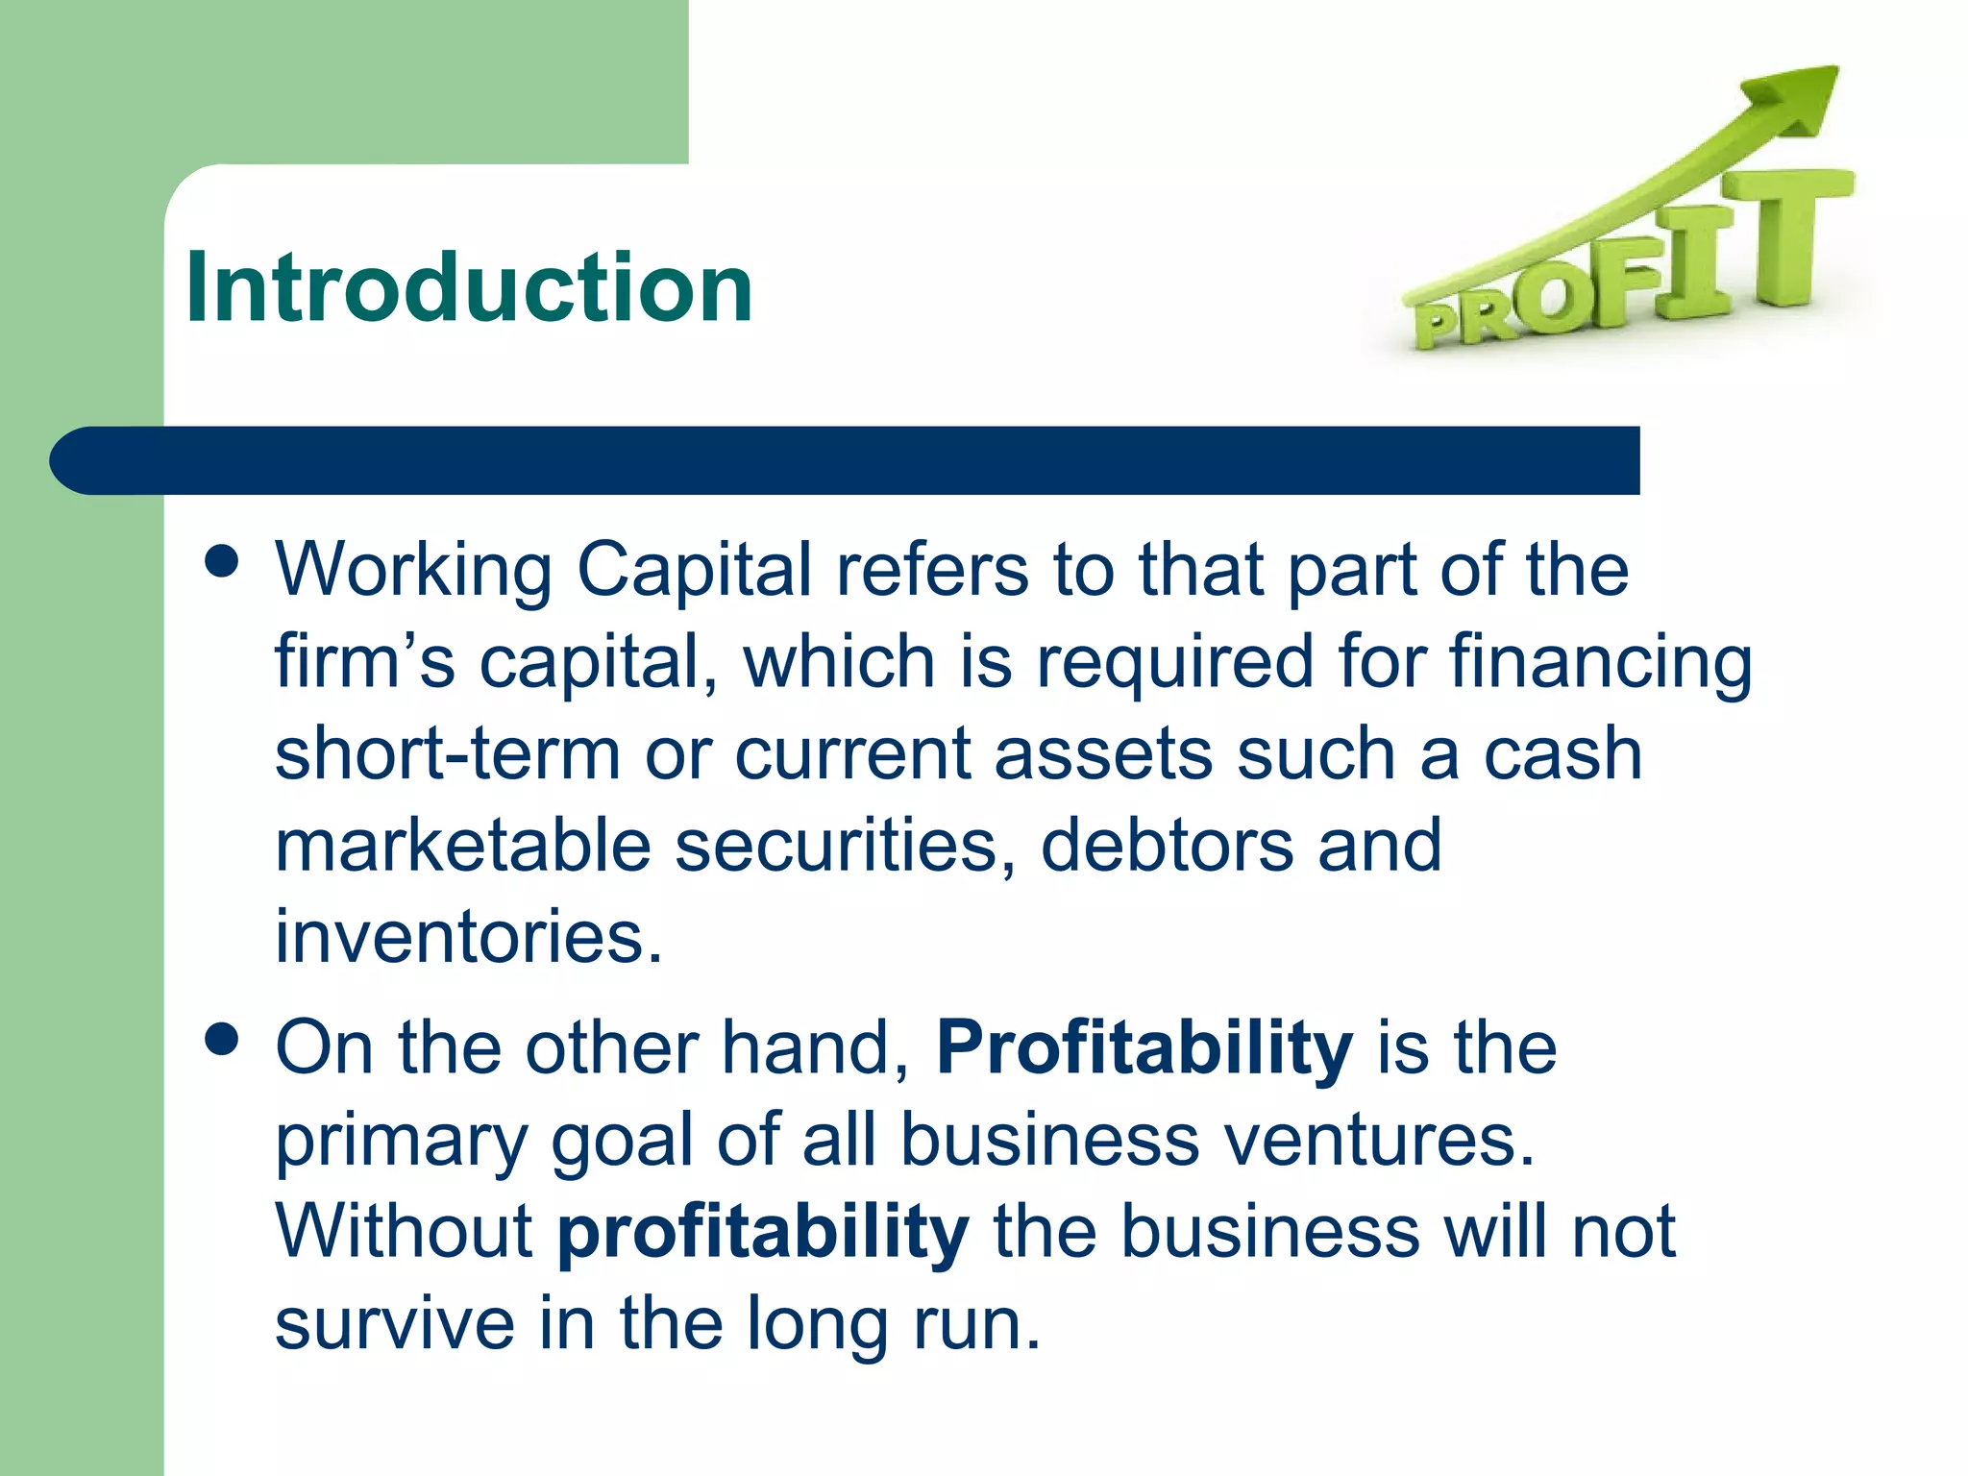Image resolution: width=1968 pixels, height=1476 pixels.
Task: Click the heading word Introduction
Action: tap(469, 287)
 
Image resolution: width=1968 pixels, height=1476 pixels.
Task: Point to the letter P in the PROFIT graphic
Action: tap(1439, 325)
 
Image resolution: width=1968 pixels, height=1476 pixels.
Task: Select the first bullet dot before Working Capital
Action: tap(222, 561)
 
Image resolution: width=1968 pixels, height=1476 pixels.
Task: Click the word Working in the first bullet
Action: tap(413, 570)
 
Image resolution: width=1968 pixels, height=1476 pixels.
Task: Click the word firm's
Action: tap(364, 661)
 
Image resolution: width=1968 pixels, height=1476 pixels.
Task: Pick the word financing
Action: tap(1600, 661)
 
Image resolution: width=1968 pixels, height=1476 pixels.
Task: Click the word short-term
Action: tap(448, 753)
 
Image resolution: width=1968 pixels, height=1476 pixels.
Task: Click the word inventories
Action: tap(468, 936)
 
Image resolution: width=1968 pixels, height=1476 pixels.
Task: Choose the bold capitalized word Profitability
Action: tap(1144, 1047)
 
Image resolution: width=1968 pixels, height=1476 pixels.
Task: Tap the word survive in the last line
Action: tap(394, 1323)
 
